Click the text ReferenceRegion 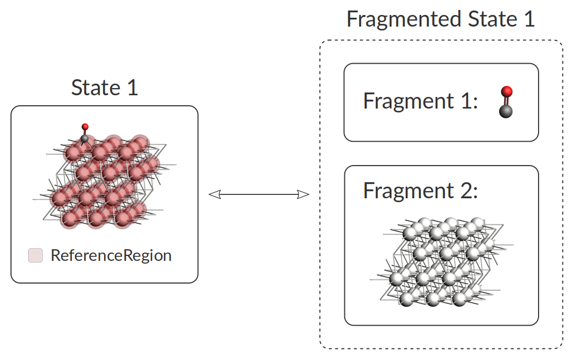[x=111, y=255]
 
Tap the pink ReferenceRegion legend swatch [x=35, y=255]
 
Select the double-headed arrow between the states [x=258, y=194]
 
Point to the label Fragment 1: [x=420, y=101]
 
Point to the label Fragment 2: [x=420, y=191]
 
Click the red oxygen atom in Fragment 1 [x=506, y=91]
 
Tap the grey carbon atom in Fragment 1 [x=505, y=111]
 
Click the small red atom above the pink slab [x=85, y=127]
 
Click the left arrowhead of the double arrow [x=214, y=194]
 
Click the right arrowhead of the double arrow [x=303, y=194]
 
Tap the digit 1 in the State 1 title [x=132, y=88]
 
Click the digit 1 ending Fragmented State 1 [x=529, y=19]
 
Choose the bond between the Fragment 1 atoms [x=505, y=101]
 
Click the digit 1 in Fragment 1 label [x=468, y=101]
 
